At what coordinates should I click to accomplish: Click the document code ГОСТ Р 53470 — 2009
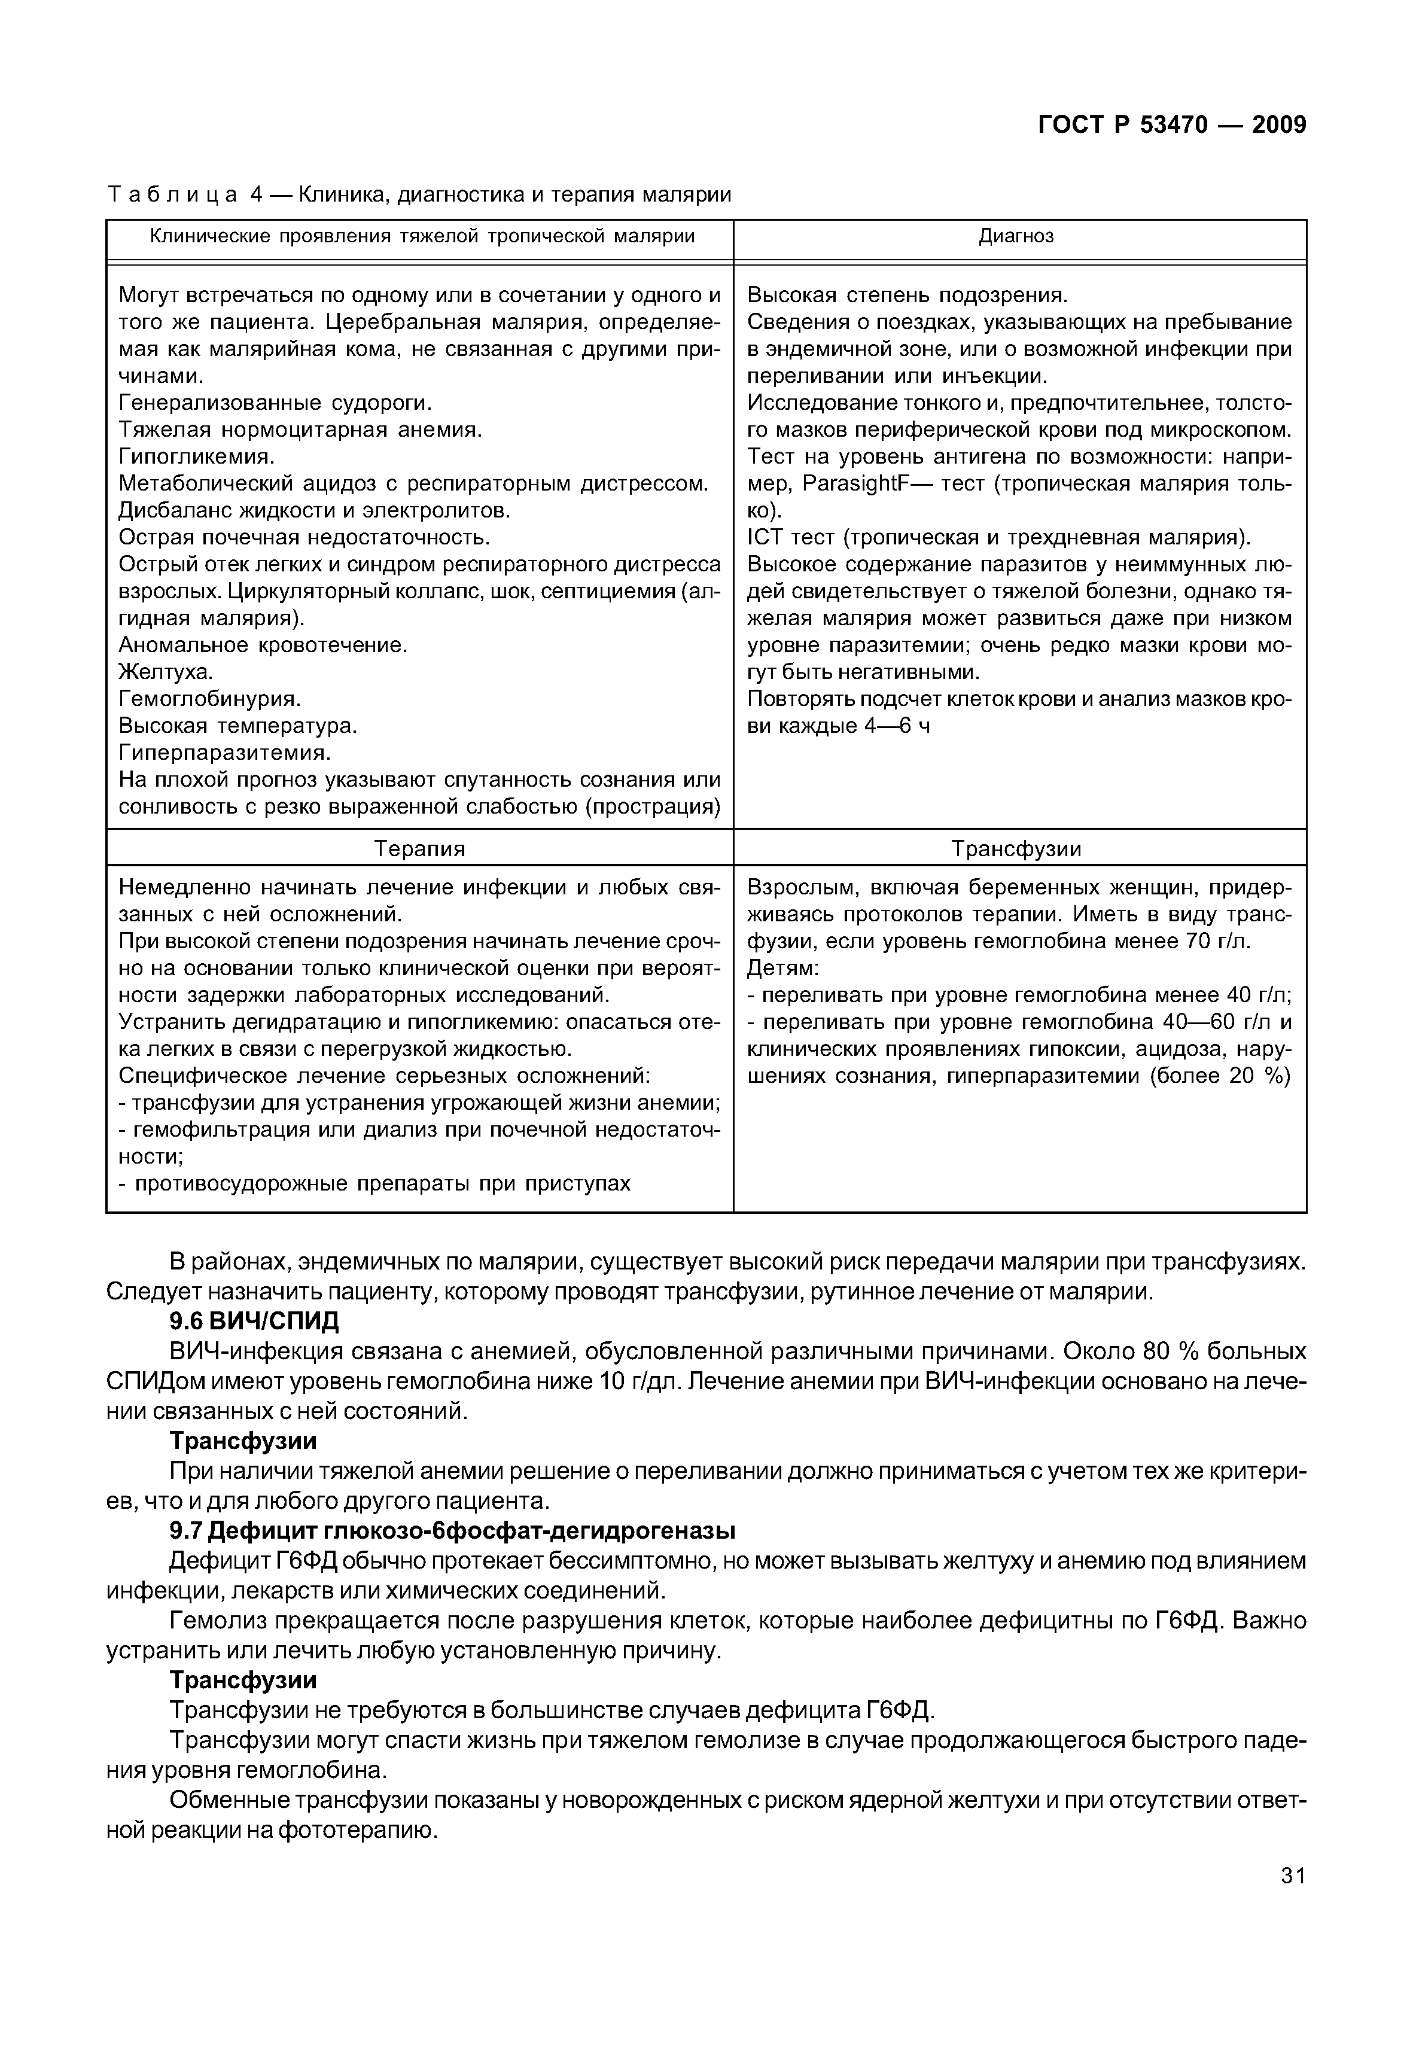click(x=1171, y=125)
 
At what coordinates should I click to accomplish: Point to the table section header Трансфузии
click(x=1016, y=848)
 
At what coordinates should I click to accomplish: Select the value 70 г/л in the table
click(x=1217, y=941)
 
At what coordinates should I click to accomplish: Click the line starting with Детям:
click(x=784, y=968)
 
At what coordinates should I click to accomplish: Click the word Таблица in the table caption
click(x=172, y=194)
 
